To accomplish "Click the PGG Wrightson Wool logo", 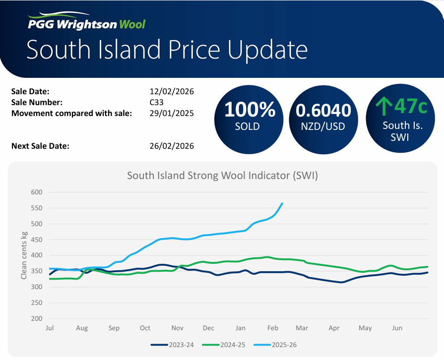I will click(86, 23).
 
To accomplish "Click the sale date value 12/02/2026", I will click(172, 92).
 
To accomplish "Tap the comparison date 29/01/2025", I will click(172, 113).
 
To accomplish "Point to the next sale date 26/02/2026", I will click(172, 146).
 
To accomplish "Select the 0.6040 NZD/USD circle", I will click(323, 117).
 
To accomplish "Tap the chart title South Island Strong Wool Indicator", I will click(222, 176).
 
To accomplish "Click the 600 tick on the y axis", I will click(37, 192).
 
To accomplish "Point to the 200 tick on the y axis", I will click(37, 319).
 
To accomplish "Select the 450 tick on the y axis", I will click(37, 240).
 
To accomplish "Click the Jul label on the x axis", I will click(50, 328).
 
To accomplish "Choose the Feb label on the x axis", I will click(273, 328).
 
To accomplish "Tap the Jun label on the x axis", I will click(397, 328).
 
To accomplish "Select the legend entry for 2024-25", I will click(223, 345).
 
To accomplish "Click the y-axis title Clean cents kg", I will click(24, 256).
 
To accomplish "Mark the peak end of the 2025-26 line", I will click(282, 203).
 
